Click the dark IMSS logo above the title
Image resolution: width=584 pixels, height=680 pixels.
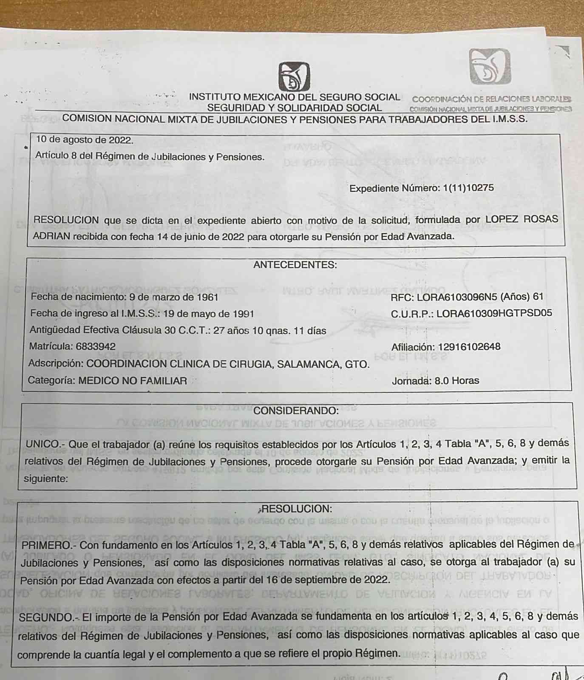(x=294, y=76)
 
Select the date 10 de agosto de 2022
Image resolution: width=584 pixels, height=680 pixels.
(x=85, y=139)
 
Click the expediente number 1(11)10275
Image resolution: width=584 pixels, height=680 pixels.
(x=468, y=188)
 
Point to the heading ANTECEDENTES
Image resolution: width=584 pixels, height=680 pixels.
(x=295, y=265)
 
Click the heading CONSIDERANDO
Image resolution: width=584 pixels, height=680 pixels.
(x=296, y=411)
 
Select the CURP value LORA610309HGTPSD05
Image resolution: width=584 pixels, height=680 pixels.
(x=494, y=313)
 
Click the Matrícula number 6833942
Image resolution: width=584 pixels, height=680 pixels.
(x=96, y=346)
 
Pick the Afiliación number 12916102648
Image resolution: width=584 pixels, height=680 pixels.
(x=469, y=347)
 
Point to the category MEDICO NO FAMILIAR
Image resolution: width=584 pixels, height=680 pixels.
(x=133, y=380)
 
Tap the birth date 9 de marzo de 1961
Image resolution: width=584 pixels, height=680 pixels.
(x=173, y=297)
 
